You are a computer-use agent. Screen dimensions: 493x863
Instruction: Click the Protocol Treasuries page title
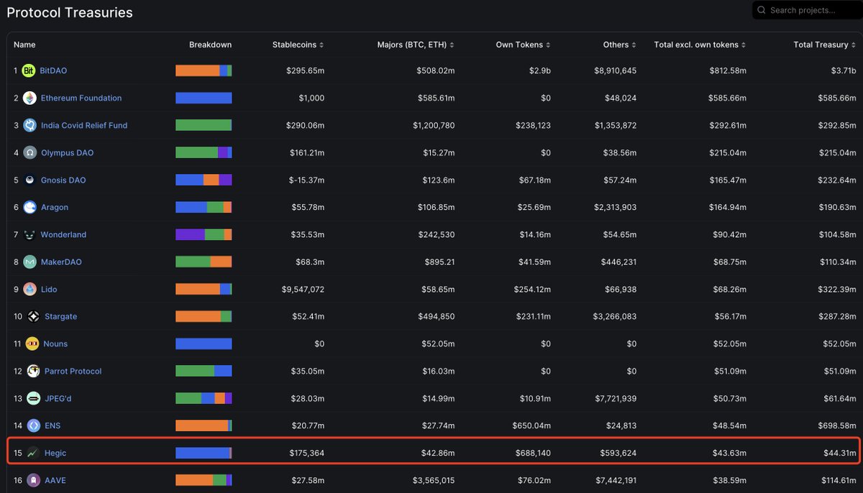[70, 12]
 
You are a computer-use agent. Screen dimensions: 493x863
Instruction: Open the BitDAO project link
[53, 70]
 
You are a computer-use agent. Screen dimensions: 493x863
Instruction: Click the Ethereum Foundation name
[81, 98]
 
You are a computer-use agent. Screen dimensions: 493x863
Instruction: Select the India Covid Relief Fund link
[84, 125]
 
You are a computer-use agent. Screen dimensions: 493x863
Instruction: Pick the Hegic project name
[55, 453]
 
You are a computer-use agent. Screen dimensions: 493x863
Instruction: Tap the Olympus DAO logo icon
[29, 152]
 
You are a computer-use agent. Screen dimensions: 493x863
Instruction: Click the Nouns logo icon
[32, 344]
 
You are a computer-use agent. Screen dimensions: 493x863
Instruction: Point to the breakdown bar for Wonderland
[204, 234]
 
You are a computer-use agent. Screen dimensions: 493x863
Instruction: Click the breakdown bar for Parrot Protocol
[204, 371]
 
